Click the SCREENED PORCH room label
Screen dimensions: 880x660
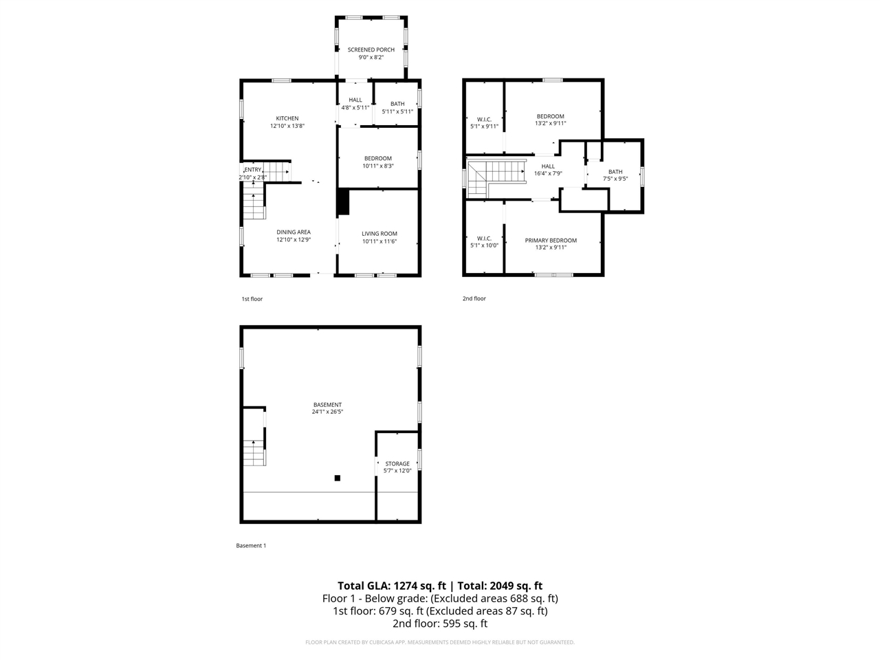pos(371,49)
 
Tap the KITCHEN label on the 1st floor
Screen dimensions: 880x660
pos(287,118)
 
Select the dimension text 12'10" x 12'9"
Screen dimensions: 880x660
pos(294,240)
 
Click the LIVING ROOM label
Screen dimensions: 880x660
pos(379,234)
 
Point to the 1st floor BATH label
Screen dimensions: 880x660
pos(397,104)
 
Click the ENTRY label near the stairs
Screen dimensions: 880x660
pos(252,170)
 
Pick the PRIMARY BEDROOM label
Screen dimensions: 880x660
pos(551,241)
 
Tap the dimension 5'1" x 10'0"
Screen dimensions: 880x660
pos(484,245)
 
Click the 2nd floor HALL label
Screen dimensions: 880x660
pos(548,166)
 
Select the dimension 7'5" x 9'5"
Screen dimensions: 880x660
pos(615,179)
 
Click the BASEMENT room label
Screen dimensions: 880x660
pos(327,405)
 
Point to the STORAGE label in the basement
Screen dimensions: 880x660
pos(397,463)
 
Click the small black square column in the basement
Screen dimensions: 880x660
pos(338,478)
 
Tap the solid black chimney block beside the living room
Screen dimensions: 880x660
pos(343,202)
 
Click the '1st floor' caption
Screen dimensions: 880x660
pos(252,299)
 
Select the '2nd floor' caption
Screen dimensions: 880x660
pos(474,298)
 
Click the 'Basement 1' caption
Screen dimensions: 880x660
pos(251,545)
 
